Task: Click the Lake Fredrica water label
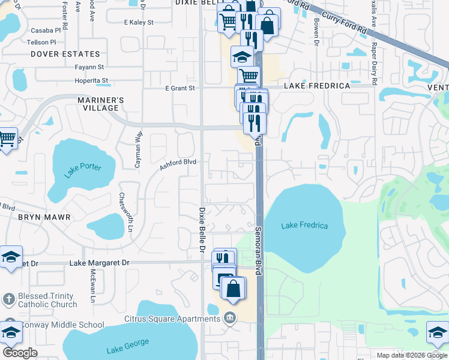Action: point(305,226)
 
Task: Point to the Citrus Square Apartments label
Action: point(172,319)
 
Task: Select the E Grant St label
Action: point(181,88)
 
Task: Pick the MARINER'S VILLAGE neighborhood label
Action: point(101,104)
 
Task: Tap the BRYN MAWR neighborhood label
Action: point(44,217)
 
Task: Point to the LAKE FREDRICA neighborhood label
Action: point(317,86)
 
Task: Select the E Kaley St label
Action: point(139,22)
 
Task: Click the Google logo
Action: point(20,353)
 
